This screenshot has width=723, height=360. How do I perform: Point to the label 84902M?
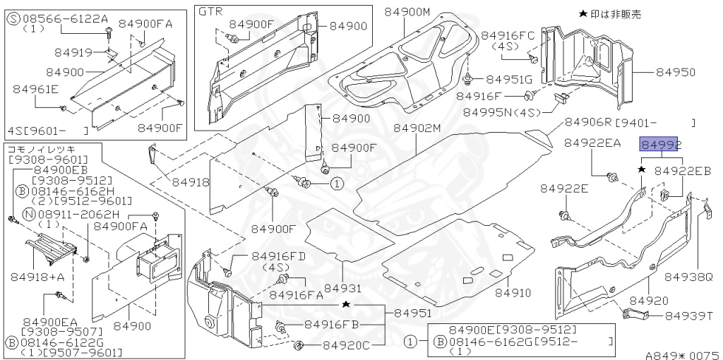[417, 128]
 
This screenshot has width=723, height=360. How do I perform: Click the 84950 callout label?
[675, 72]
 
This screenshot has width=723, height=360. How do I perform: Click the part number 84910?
[513, 292]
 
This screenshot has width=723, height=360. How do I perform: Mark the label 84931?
[343, 288]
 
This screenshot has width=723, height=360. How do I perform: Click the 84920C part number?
[347, 345]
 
